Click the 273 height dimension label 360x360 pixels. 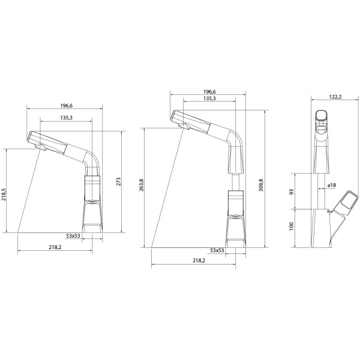pyautogui.click(x=118, y=182)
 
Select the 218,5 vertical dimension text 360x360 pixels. pyautogui.click(x=4, y=194)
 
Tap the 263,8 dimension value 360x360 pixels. pyautogui.click(x=142, y=185)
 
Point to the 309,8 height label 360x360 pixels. pyautogui.click(x=261, y=185)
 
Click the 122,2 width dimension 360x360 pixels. pyautogui.click(x=335, y=97)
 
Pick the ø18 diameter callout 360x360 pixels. pyautogui.click(x=332, y=185)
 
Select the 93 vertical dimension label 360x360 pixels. pyautogui.click(x=292, y=191)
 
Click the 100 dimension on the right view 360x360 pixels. pyautogui.click(x=292, y=226)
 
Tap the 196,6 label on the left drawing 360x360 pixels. pyautogui.click(x=67, y=106)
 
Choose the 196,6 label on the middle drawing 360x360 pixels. pyautogui.click(x=209, y=92)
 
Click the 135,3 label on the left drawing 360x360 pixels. pyautogui.click(x=67, y=118)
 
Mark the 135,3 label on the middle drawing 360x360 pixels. pyautogui.click(x=209, y=98)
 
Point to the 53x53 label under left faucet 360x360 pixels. pyautogui.click(x=73, y=236)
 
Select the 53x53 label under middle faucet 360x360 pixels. pyautogui.click(x=217, y=250)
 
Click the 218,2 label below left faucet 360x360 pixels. pyautogui.click(x=55, y=247)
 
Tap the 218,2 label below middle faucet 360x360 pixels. pyautogui.click(x=199, y=260)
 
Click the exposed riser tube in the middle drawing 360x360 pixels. pyautogui.click(x=236, y=182)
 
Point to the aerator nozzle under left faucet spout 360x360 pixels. pyautogui.click(x=41, y=147)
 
